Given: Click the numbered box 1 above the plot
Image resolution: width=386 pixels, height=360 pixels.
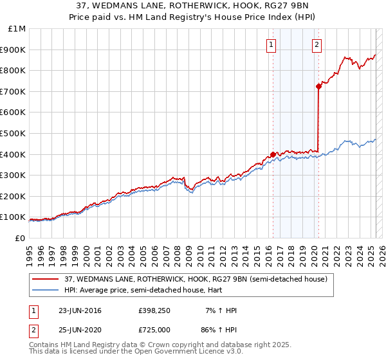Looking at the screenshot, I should click(271, 45).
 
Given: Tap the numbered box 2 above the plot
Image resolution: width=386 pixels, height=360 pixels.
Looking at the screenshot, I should click(317, 45).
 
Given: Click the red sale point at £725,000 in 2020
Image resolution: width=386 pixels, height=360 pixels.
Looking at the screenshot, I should click(318, 86).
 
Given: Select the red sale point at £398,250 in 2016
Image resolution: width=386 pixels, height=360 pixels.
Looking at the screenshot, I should click(273, 154).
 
